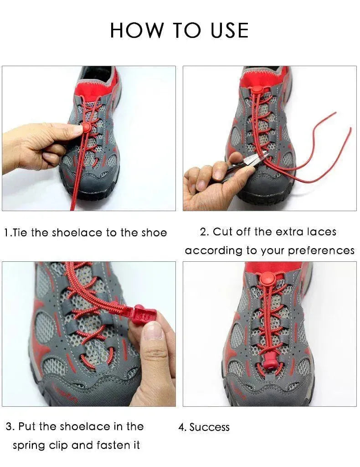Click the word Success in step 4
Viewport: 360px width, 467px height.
tap(210, 427)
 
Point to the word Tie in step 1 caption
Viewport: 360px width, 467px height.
tap(21, 233)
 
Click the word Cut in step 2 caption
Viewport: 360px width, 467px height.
tap(223, 232)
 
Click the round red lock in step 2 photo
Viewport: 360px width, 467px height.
tap(257, 89)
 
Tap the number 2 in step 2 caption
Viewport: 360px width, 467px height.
tap(203, 232)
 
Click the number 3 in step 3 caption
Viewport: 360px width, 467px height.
tap(9, 427)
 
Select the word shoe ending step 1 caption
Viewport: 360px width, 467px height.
tap(154, 233)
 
